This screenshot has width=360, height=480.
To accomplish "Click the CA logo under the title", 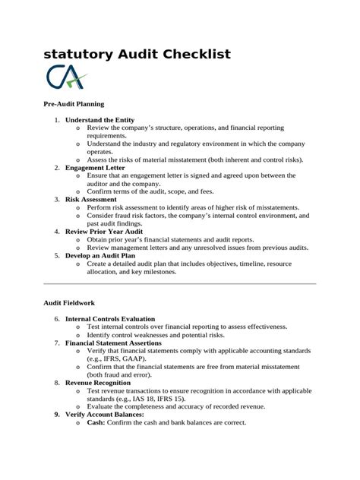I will coord(67,77).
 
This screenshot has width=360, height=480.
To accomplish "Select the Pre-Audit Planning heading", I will coord(74,103).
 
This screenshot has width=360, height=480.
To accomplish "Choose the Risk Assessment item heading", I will coord(91,199).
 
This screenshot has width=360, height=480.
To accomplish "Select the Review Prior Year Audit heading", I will coord(104,231).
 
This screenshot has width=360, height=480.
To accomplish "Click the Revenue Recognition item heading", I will coord(103,384).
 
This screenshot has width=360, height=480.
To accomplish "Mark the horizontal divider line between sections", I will coord(179,283).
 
